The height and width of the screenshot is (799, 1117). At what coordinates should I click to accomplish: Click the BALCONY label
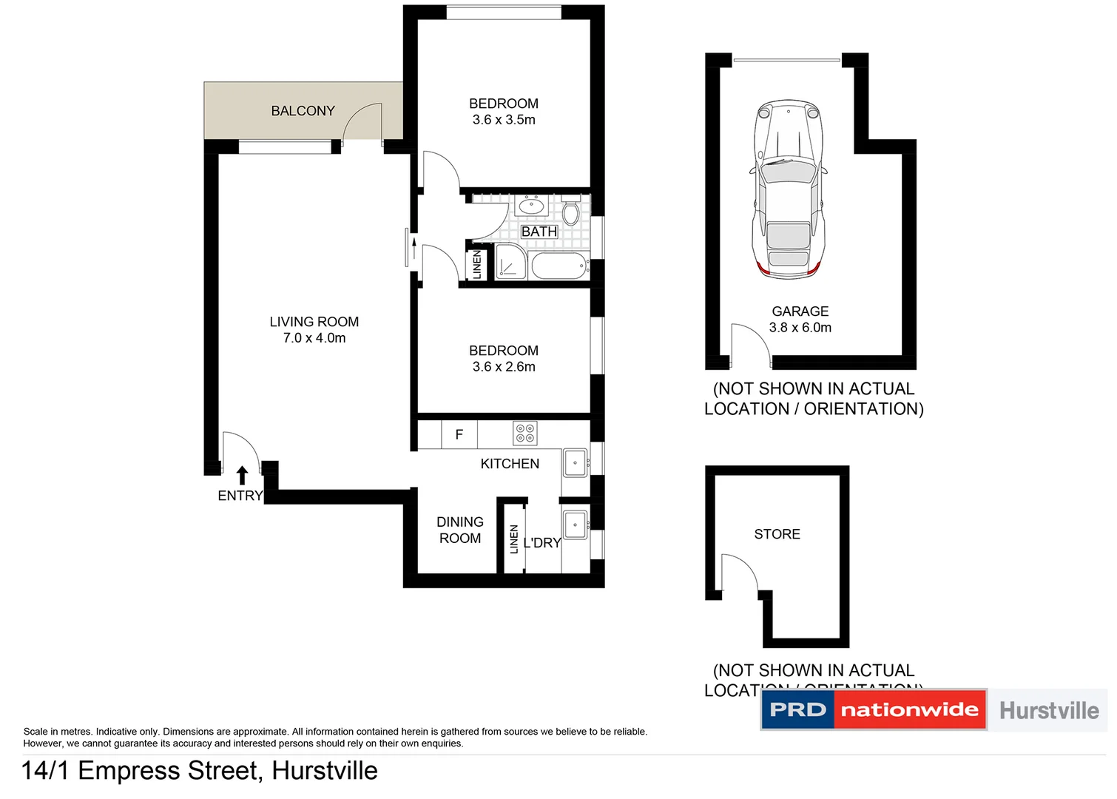(x=303, y=111)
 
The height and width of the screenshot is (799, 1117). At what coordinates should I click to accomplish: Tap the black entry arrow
(x=242, y=475)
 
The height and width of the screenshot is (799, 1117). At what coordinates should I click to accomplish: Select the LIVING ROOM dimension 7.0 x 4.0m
(x=314, y=338)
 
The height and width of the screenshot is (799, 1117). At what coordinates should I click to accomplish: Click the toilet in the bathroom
(x=570, y=212)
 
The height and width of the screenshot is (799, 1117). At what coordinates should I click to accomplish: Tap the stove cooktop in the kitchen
(x=525, y=434)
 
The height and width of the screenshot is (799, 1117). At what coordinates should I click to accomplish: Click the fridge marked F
(x=459, y=435)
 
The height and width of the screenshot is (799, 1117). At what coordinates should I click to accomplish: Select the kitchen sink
(x=575, y=463)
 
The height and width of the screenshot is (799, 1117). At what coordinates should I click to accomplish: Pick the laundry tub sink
(x=575, y=525)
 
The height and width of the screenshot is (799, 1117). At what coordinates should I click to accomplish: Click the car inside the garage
(x=789, y=189)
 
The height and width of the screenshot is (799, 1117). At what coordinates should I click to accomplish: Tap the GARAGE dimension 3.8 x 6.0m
(x=800, y=328)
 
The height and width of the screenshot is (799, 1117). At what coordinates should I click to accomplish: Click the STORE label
(x=777, y=534)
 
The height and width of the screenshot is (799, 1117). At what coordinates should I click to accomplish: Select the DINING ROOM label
(x=459, y=530)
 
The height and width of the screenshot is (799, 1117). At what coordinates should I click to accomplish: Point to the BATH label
(x=539, y=232)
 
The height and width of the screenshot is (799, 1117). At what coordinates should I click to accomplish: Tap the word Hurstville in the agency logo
(x=1048, y=711)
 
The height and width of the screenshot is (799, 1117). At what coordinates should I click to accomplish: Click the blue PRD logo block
(x=797, y=710)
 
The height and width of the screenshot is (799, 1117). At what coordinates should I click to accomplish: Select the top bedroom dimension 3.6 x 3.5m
(x=504, y=120)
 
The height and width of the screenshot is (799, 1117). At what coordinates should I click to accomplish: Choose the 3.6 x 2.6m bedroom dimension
(x=504, y=367)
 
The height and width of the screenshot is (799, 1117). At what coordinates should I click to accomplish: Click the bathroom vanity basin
(x=531, y=206)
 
